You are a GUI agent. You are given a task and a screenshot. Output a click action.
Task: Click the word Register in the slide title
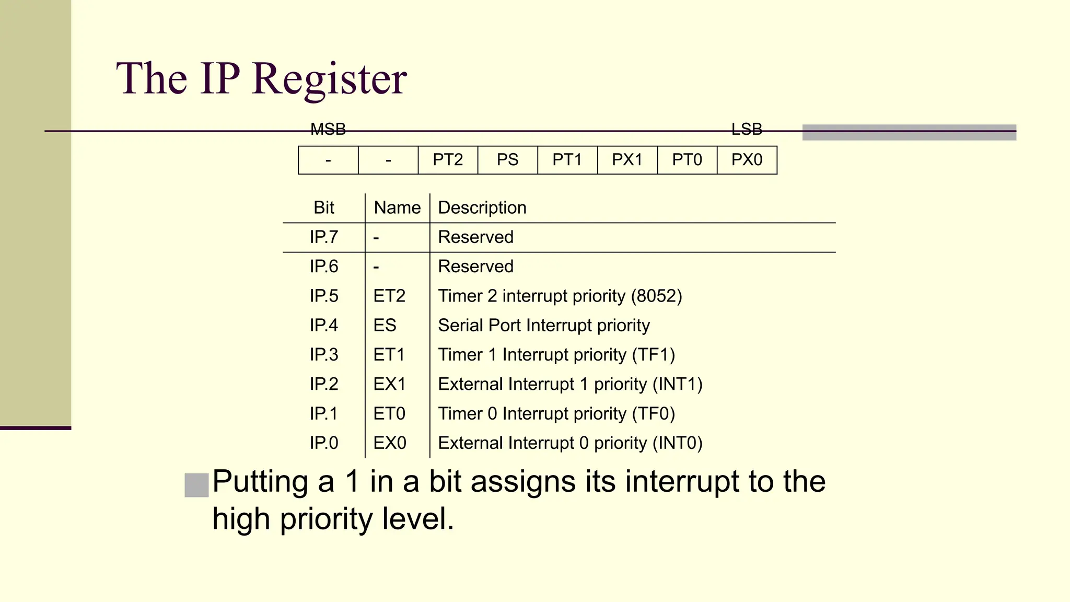tap(329, 79)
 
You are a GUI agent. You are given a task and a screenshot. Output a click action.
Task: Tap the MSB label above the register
tap(328, 129)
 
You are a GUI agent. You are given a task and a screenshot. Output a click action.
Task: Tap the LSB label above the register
tap(747, 129)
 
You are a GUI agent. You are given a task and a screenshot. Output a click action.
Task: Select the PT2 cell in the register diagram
tap(448, 160)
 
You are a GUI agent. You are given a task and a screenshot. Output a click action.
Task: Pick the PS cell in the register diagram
tap(507, 160)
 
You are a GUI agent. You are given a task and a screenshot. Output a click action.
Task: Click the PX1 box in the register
tap(627, 160)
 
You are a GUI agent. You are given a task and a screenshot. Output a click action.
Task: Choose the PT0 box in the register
tap(687, 160)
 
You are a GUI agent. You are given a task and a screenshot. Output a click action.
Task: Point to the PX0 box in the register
tap(747, 160)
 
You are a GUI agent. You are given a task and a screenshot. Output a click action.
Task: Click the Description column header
tap(482, 208)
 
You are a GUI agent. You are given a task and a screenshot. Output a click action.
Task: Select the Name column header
tap(397, 208)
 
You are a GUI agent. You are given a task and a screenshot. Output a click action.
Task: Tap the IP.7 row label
tap(324, 237)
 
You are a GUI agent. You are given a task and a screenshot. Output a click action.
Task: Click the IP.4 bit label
tap(324, 326)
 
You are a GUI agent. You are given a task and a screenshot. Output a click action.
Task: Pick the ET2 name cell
tap(389, 296)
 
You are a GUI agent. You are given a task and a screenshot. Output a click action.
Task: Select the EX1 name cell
tap(389, 385)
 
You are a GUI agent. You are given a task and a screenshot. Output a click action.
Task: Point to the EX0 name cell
tap(390, 443)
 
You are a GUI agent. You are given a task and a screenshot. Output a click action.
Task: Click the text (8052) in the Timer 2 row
tap(656, 296)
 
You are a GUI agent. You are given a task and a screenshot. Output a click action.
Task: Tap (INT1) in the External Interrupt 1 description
tap(677, 385)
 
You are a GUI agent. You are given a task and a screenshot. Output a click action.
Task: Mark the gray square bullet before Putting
tap(196, 485)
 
